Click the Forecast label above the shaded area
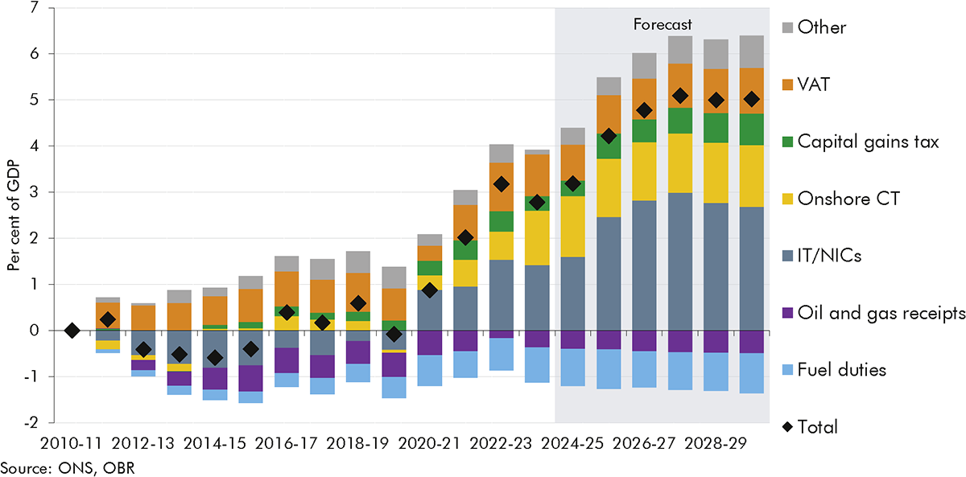(662, 25)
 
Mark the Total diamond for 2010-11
(72, 330)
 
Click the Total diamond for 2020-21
(430, 290)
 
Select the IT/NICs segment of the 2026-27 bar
(644, 265)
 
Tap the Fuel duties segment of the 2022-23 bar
(501, 354)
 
